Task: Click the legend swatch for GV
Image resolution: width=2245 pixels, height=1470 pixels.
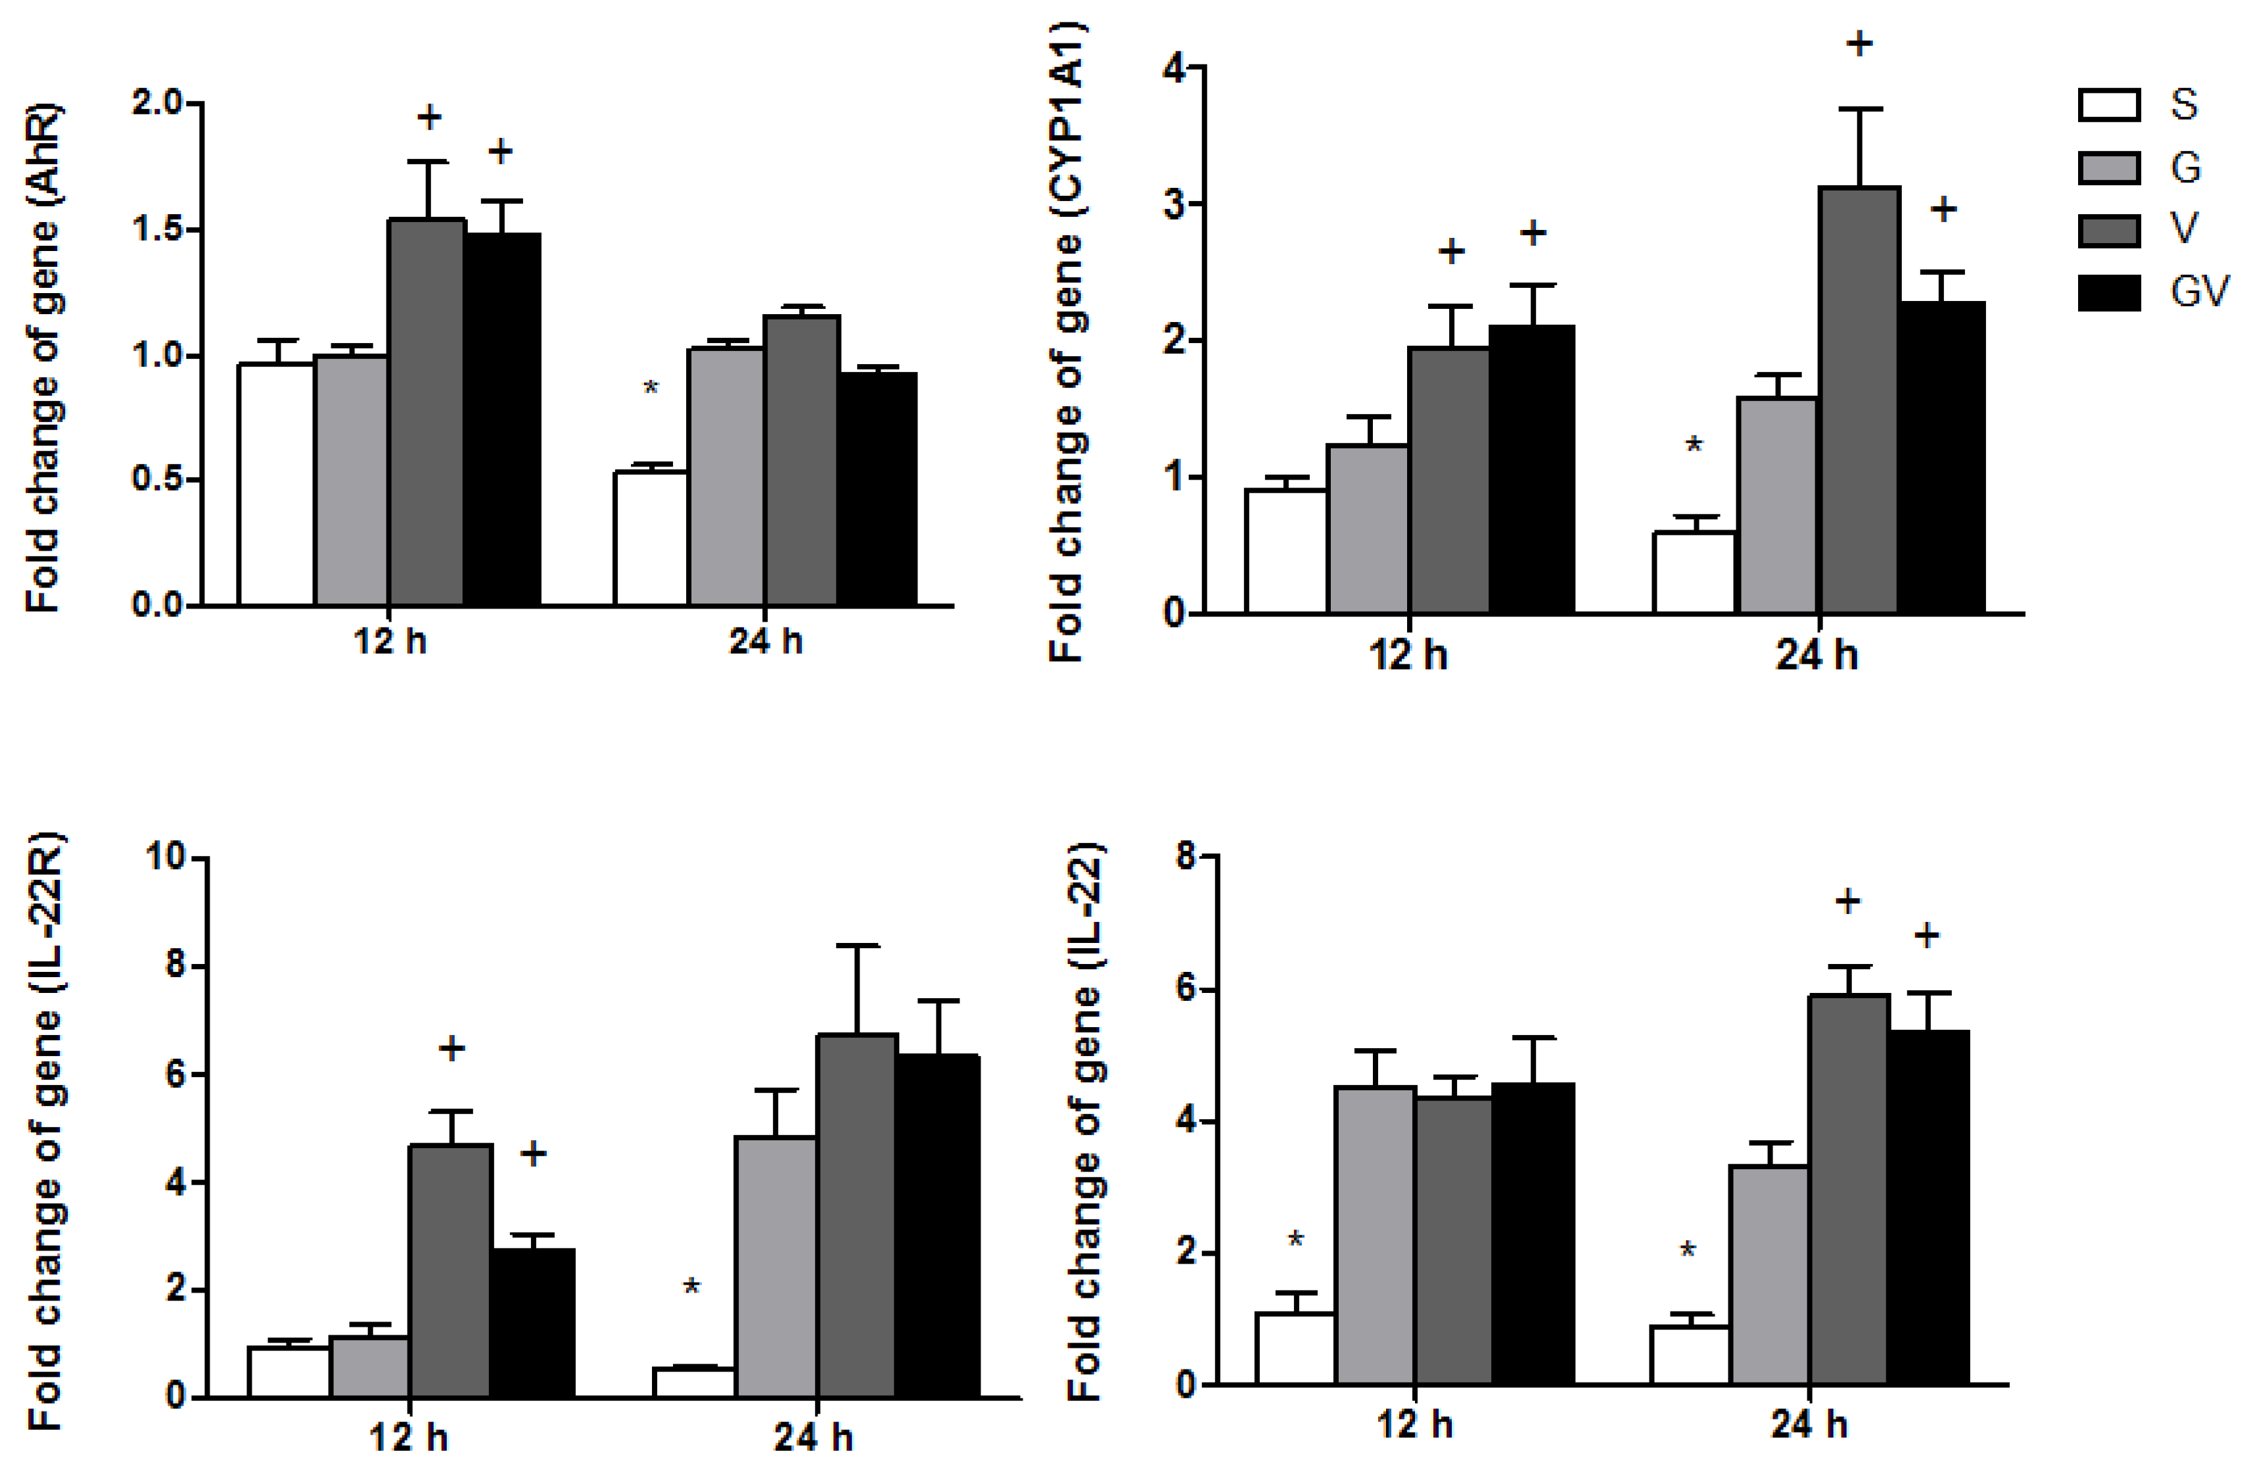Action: coord(2108,291)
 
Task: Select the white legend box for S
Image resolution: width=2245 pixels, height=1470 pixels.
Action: coord(2108,104)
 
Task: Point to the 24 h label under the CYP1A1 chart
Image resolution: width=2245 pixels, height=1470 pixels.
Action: coord(1817,655)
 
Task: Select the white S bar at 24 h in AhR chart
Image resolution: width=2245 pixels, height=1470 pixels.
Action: coord(651,538)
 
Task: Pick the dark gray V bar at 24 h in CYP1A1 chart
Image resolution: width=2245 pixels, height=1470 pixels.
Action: coord(1859,401)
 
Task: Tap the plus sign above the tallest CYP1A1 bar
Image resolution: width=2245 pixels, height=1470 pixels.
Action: coord(1859,43)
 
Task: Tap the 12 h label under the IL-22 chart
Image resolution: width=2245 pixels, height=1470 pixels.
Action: coord(1414,1424)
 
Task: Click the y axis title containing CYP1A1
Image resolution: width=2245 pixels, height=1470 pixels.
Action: coord(1069,340)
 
